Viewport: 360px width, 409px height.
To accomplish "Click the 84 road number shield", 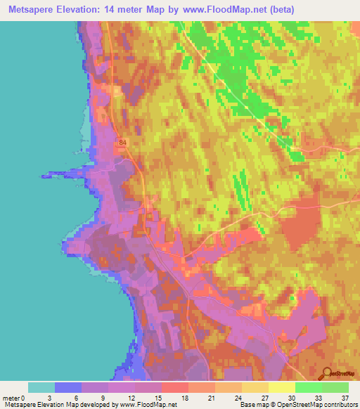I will [x=124, y=142].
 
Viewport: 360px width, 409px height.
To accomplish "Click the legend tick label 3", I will [x=56, y=398].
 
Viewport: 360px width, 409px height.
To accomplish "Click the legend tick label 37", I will [x=345, y=398].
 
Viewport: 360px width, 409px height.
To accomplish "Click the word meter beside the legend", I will [x=12, y=398].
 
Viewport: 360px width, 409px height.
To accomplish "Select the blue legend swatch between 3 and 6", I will [x=69, y=387].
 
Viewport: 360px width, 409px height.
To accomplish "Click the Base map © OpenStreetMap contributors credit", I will [x=298, y=405].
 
